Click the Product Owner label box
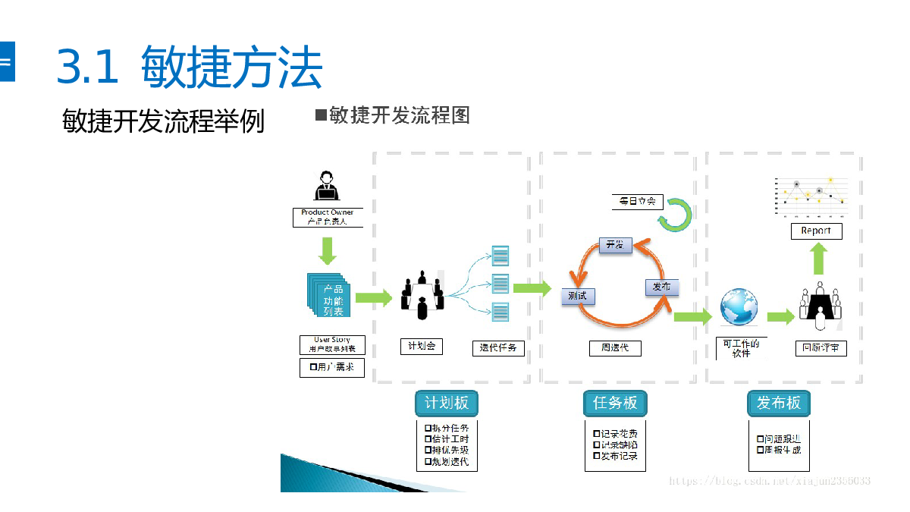click(328, 217)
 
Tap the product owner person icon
click(327, 187)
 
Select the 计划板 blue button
click(447, 403)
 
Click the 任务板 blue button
click(614, 403)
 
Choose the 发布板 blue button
click(778, 403)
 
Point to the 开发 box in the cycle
click(615, 244)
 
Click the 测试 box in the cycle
click(578, 296)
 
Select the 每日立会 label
click(637, 202)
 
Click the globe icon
click(739, 307)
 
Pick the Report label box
click(816, 231)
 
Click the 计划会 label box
click(422, 347)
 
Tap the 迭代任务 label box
click(498, 348)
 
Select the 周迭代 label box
click(615, 348)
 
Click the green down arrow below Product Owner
click(328, 251)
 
